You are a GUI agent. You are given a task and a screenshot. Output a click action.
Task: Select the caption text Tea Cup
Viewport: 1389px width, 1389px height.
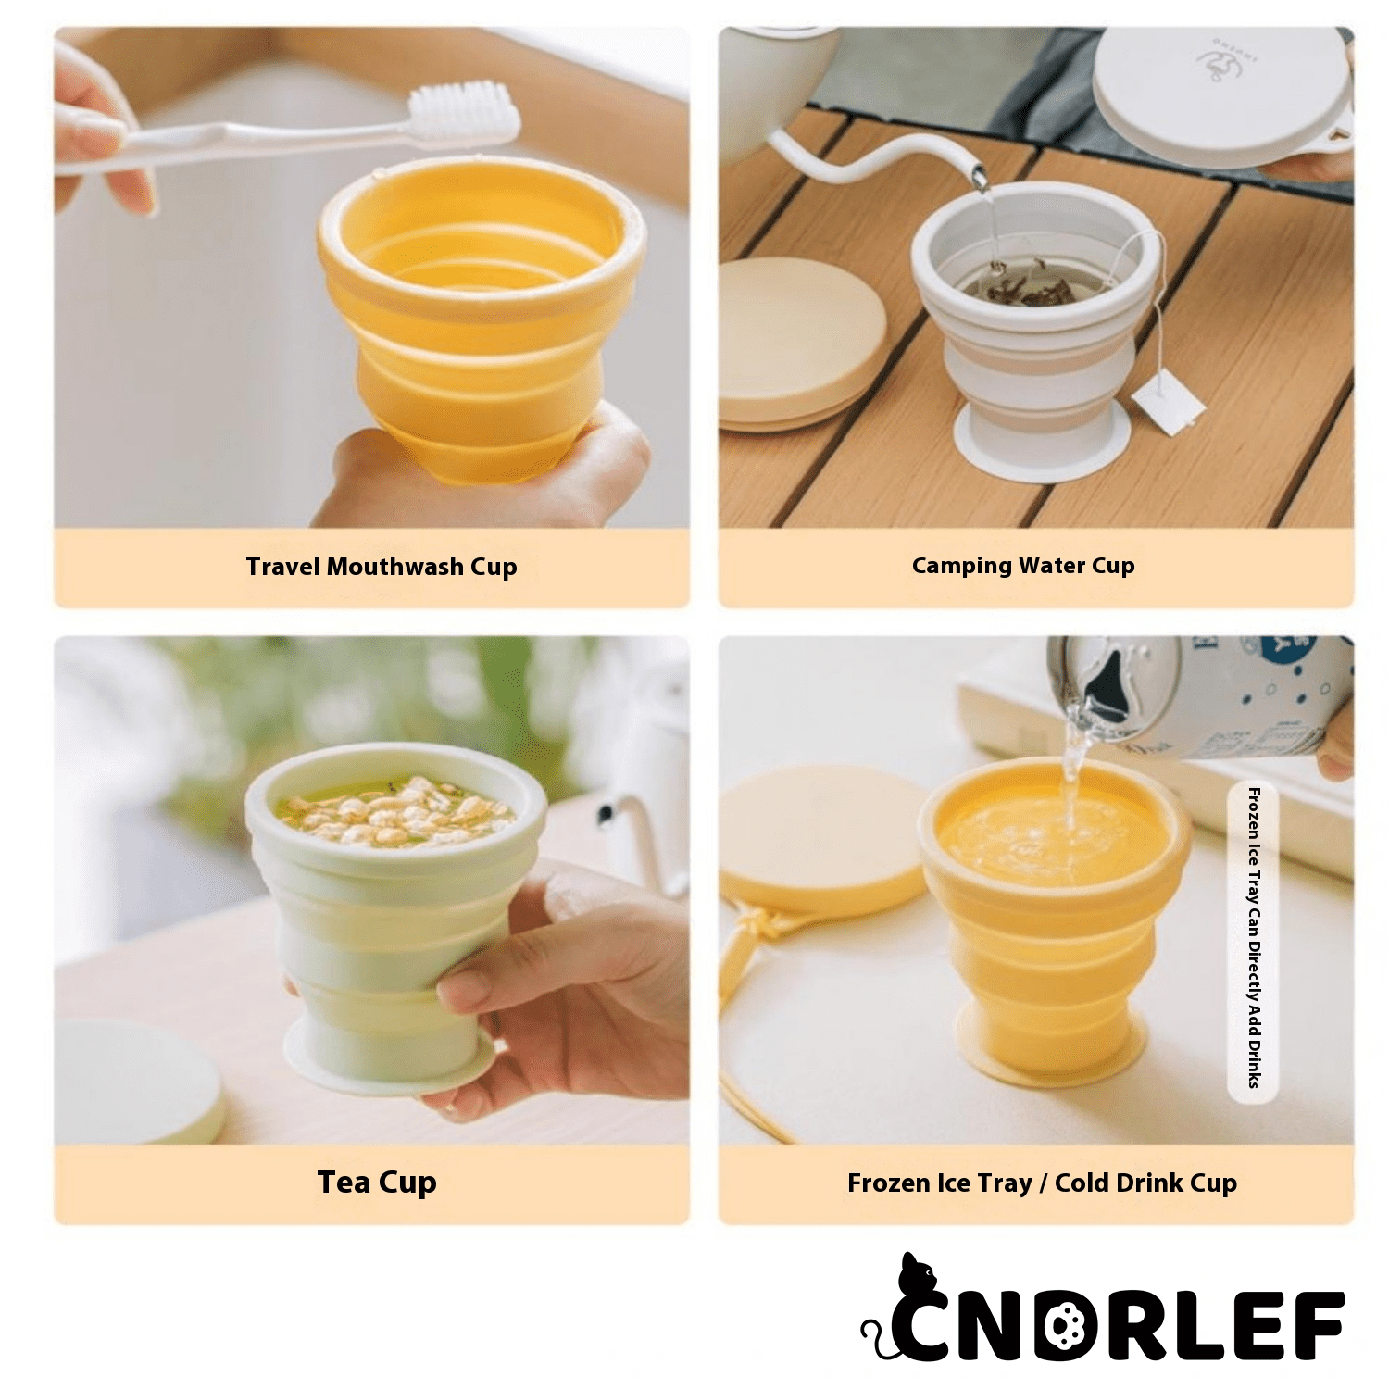(x=377, y=1183)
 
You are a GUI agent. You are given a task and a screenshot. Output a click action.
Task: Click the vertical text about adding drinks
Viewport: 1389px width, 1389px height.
(x=1253, y=937)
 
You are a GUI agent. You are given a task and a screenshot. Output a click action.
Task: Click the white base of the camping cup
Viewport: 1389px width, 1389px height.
(x=1043, y=440)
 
